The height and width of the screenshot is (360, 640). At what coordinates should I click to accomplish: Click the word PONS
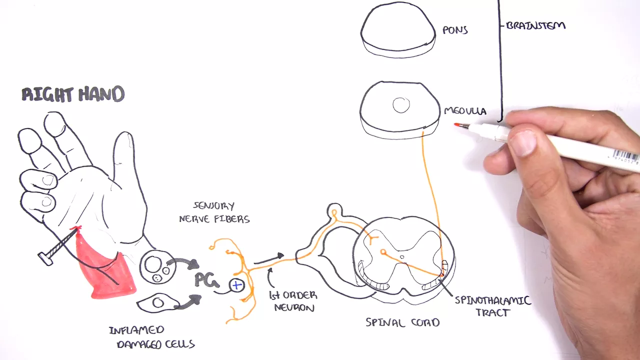click(455, 30)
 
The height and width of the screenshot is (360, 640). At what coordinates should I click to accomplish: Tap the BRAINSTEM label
click(535, 25)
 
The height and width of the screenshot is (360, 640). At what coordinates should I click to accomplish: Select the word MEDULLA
click(465, 111)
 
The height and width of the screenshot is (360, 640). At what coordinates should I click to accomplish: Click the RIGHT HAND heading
click(73, 94)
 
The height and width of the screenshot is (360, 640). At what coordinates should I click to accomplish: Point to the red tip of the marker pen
click(457, 124)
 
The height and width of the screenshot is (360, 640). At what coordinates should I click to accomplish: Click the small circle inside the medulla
click(401, 105)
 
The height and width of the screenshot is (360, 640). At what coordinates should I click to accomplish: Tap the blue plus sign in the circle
click(236, 285)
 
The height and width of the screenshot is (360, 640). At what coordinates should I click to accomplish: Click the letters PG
click(207, 280)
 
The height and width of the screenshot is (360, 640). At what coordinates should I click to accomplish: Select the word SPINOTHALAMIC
click(493, 300)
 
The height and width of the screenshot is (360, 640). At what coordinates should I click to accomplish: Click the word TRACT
click(493, 312)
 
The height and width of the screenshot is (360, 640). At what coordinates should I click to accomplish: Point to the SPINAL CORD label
click(402, 322)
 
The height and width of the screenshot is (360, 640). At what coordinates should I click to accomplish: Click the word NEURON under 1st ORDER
click(294, 307)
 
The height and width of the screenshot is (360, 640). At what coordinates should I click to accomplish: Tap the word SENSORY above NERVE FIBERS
click(214, 205)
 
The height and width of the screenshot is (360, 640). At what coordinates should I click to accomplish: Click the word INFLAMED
click(136, 330)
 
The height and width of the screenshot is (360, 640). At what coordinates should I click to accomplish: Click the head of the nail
click(45, 259)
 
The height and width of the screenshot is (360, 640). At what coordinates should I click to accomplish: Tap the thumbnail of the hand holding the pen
click(522, 143)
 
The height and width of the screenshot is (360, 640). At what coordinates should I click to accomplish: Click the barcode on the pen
click(625, 156)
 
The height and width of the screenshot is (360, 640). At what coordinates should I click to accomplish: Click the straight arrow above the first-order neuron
click(269, 259)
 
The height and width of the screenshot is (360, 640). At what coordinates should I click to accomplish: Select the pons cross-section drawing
click(398, 29)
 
